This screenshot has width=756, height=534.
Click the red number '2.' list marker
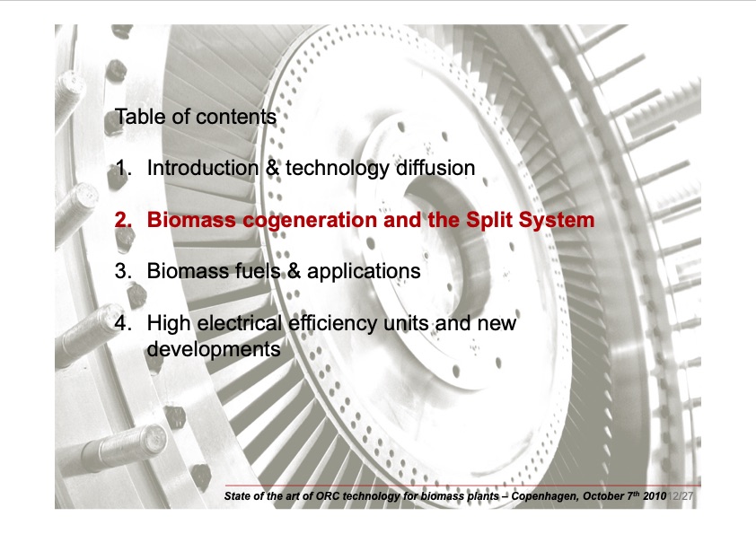coord(124,220)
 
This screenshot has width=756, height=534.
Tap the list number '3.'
coord(124,270)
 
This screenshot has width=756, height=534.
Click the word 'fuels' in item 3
coord(254,270)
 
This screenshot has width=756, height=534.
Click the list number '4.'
coord(124,322)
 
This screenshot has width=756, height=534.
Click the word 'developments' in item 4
coord(213,348)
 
